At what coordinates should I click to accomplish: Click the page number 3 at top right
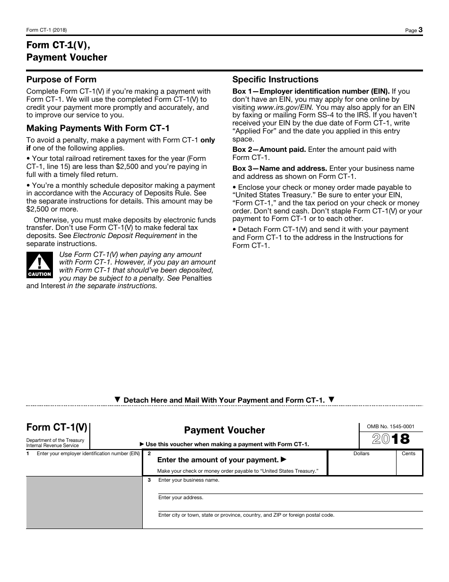[420, 30]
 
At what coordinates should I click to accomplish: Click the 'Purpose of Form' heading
[61, 79]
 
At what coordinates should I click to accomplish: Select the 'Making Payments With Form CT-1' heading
[98, 128]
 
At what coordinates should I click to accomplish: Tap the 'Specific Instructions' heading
[276, 79]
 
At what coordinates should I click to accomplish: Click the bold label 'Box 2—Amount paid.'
[269, 150]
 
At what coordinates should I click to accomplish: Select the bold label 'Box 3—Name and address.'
[280, 168]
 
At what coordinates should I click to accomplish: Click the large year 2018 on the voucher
[391, 439]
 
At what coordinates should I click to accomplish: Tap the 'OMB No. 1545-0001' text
[391, 426]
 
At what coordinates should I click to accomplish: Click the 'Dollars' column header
[361, 453]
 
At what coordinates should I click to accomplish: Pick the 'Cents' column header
[408, 453]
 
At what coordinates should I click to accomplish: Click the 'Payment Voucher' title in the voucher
[224, 430]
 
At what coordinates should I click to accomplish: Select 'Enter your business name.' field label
[189, 480]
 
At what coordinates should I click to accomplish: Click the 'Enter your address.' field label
[181, 497]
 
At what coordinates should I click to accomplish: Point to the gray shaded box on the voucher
[84, 502]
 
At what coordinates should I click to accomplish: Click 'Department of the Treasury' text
[55, 440]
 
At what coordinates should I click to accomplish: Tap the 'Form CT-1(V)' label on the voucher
[57, 427]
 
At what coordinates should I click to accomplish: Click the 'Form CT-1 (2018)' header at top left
[46, 30]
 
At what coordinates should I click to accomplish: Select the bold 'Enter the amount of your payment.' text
[218, 460]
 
